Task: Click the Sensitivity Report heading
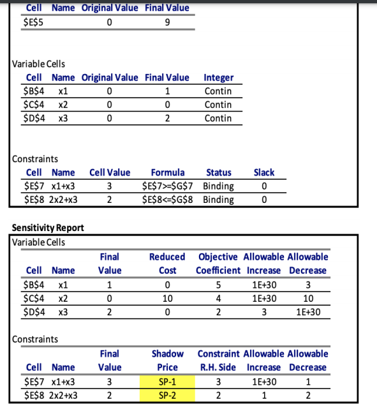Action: tap(48, 228)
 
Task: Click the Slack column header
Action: tap(263, 172)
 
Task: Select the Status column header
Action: tap(219, 172)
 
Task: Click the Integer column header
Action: tap(218, 77)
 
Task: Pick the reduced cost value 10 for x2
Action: tap(167, 297)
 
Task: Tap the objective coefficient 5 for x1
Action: tap(218, 284)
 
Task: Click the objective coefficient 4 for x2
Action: tap(218, 297)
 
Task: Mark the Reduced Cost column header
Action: tap(167, 264)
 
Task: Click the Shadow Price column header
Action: tap(168, 361)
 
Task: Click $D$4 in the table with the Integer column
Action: tap(33, 118)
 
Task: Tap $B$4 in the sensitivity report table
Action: tap(33, 284)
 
